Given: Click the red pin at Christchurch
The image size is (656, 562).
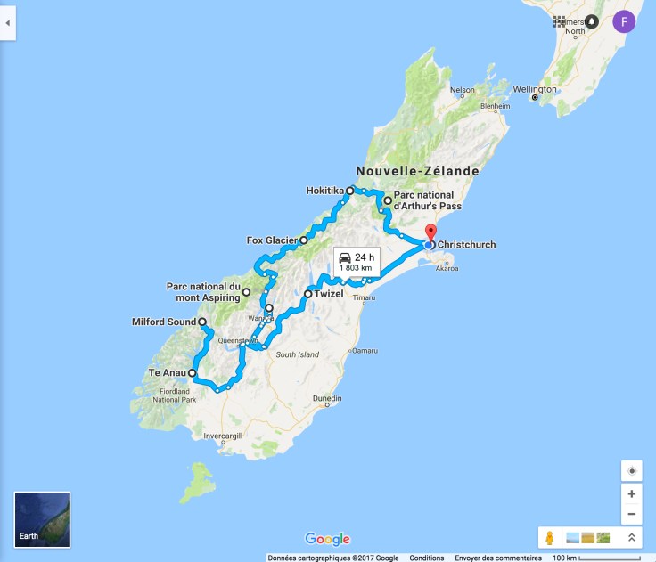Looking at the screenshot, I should (x=432, y=234).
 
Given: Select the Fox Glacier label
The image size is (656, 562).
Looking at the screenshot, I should (x=271, y=240).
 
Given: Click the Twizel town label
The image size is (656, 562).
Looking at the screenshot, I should (x=329, y=294).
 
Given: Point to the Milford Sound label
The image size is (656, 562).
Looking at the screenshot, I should (x=163, y=322).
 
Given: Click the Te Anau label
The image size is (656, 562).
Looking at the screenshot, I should (x=167, y=373).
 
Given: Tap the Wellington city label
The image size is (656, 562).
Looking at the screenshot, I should (x=559, y=89).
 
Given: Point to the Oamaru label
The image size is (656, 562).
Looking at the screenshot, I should (x=363, y=351).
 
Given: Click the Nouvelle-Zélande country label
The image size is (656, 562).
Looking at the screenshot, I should (x=417, y=171).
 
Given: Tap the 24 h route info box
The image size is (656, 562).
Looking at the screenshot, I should (x=357, y=261).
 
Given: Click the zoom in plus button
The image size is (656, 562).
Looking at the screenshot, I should (x=631, y=493).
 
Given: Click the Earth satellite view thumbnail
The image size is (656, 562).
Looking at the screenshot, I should (x=42, y=519).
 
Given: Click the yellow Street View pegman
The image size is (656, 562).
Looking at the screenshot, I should (x=550, y=538).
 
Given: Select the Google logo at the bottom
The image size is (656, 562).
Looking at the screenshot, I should (x=327, y=539).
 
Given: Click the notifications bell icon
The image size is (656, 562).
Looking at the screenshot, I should (x=591, y=21).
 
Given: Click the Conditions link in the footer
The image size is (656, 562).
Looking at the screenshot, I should (x=427, y=558).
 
